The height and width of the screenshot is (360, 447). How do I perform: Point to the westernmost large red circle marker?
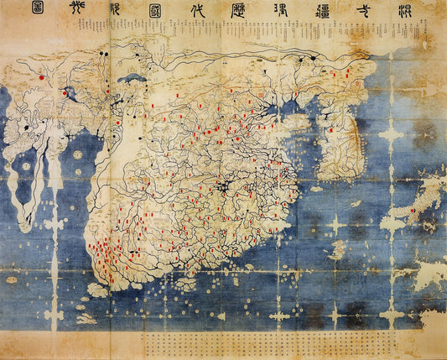[41, 76]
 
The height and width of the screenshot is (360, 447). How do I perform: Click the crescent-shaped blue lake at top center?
[132, 79]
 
